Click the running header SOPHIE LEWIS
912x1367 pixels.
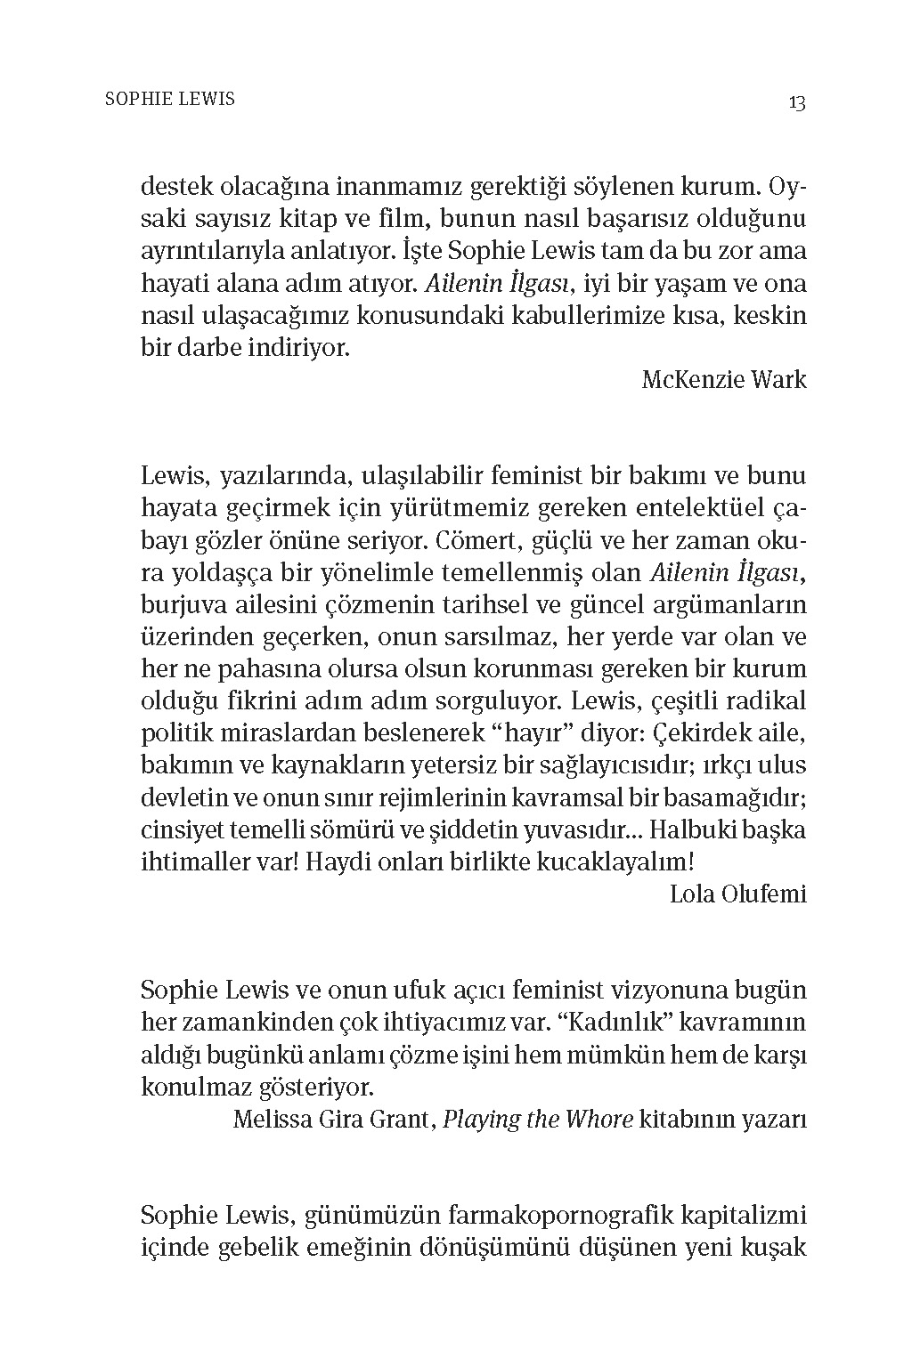click(170, 99)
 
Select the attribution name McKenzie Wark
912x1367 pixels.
click(723, 380)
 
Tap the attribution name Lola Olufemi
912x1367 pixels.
click(737, 894)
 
